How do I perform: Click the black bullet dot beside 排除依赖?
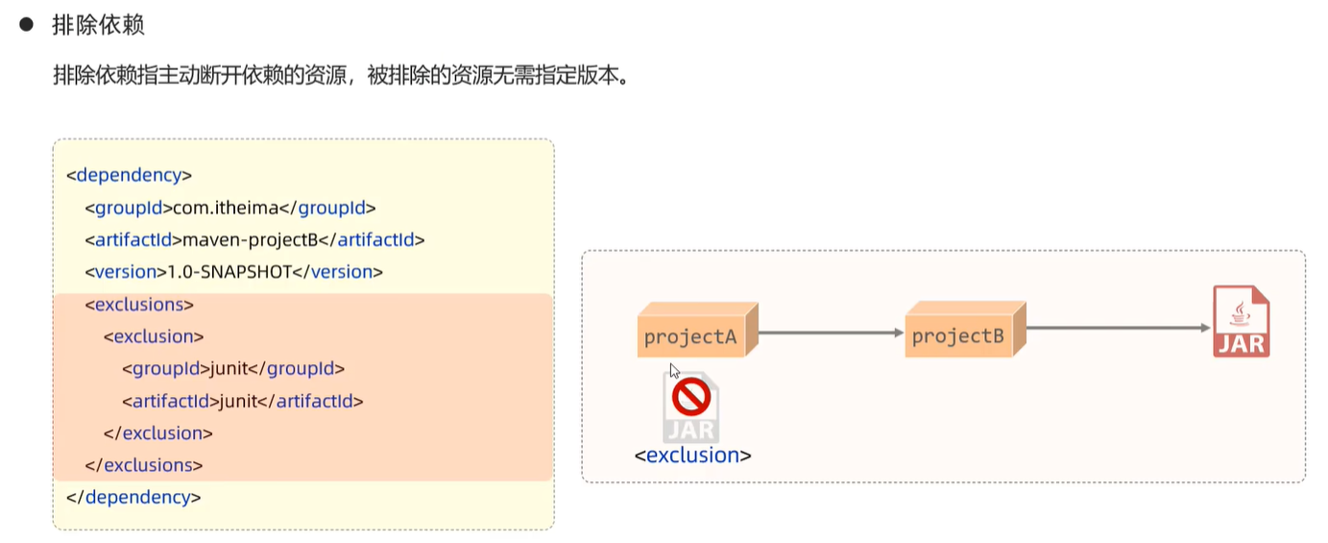27,24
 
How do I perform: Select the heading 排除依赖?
98,25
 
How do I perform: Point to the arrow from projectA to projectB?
831,333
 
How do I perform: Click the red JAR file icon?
1242,321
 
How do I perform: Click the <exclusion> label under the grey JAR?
692,455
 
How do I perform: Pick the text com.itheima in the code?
226,208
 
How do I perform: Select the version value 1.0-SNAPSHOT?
229,272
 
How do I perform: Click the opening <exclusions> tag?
139,305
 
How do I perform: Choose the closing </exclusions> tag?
144,465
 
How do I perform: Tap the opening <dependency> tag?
130,175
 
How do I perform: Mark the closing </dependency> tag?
133,498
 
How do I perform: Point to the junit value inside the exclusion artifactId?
238,401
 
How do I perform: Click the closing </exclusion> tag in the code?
157,433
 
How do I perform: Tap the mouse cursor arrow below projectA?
674,370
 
